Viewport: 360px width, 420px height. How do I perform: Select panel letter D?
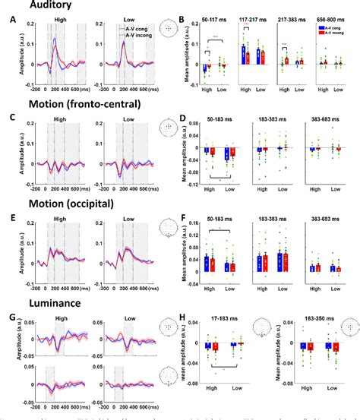coord(183,120)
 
